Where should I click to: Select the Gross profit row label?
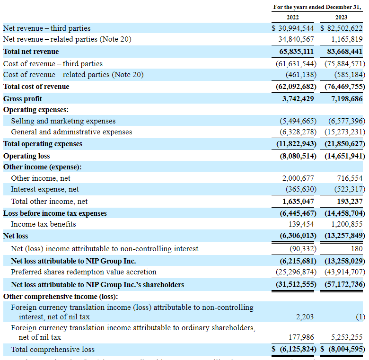[23, 98]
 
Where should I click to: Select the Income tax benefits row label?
[44, 224]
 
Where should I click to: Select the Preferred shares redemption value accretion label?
[83, 272]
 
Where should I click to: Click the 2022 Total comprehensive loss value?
[293, 350]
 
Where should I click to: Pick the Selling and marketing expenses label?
[63, 121]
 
